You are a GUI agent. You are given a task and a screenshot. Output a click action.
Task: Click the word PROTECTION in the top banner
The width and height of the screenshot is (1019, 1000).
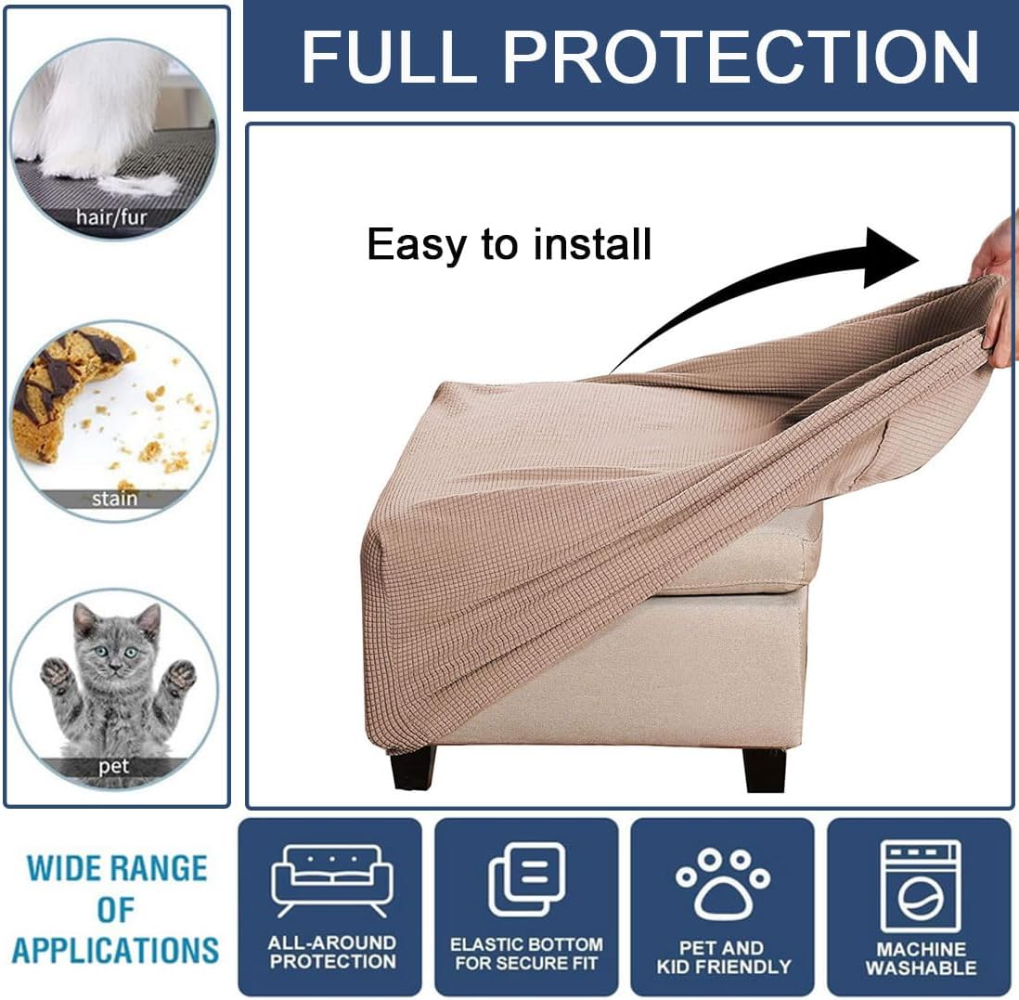[x=741, y=57]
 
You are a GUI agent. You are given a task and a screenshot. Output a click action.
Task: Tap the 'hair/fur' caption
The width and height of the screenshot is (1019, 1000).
[x=111, y=216]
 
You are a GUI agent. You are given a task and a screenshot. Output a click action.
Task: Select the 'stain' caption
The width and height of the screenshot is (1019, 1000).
[x=114, y=499]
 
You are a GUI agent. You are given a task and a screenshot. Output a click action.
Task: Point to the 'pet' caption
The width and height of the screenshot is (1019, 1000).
[x=113, y=767]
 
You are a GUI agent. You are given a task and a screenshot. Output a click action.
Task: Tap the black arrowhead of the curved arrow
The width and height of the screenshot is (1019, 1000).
[x=891, y=257]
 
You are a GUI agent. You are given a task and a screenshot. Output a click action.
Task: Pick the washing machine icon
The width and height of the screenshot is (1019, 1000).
[x=921, y=886]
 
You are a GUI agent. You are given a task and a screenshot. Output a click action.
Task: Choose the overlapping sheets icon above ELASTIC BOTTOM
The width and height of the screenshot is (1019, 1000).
[x=526, y=878]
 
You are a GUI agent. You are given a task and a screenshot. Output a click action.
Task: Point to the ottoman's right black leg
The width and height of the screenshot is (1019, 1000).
[x=765, y=771]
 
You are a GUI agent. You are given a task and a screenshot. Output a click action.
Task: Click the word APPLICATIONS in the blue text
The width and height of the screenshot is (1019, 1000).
[x=116, y=950]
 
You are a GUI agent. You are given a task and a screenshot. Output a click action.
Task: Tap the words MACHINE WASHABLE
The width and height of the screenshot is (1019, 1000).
[x=921, y=957]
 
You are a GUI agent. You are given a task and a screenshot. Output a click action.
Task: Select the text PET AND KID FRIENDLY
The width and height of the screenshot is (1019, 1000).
[x=723, y=957]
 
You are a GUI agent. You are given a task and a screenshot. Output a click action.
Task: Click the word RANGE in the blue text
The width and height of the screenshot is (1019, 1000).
[x=158, y=868]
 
